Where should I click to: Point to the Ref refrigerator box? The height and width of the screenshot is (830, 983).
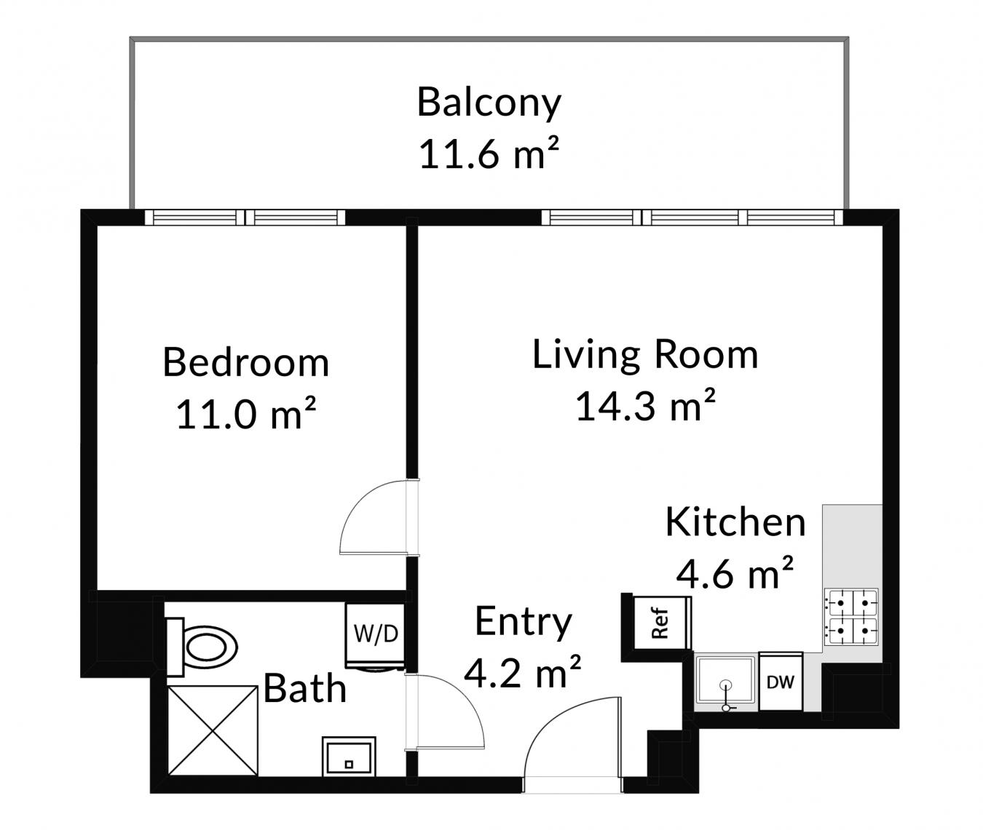pos(661,623)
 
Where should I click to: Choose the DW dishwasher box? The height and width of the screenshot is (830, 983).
pos(781,682)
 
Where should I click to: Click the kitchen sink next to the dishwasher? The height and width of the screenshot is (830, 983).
pos(725,682)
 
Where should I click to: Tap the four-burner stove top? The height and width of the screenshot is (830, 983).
pos(851,616)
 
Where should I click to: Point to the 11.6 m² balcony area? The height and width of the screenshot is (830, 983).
pos(489,153)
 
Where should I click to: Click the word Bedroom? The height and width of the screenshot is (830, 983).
pos(246,362)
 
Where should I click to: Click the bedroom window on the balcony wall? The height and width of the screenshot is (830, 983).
pos(245,217)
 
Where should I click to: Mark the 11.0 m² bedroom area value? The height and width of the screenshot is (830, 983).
pos(246,413)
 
